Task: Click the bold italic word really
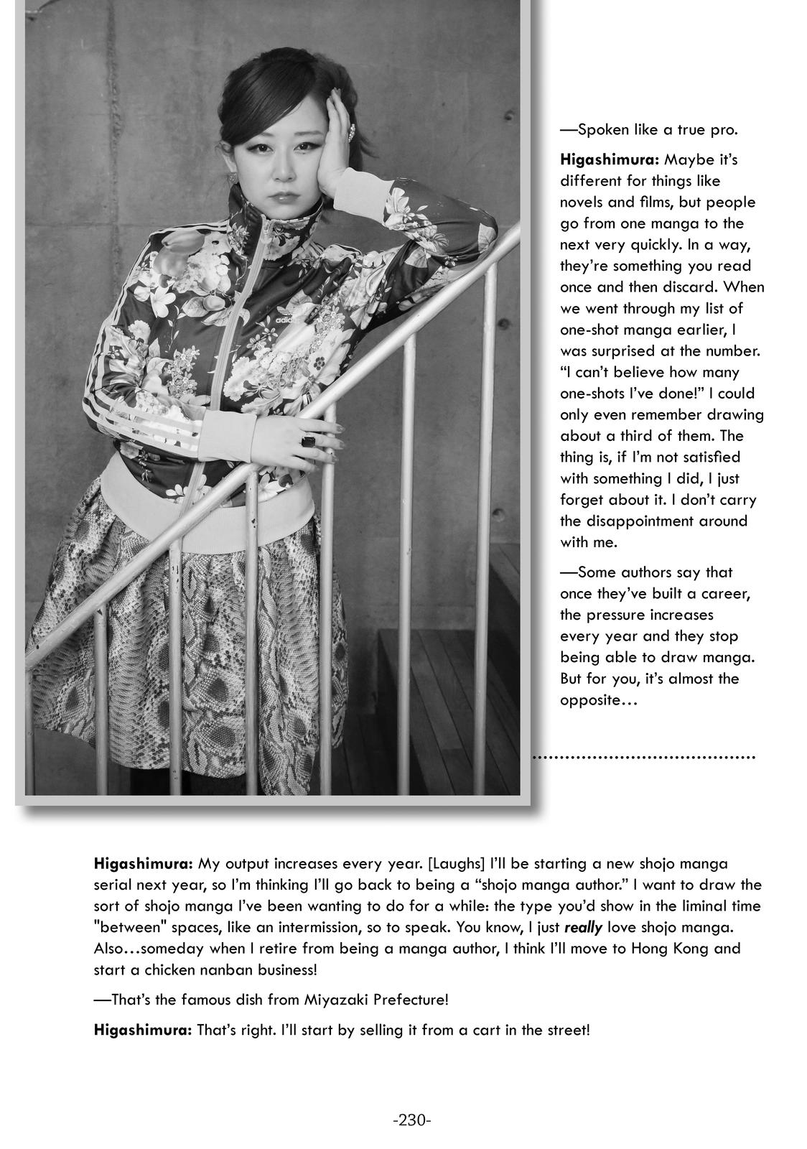coord(583,927)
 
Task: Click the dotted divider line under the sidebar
coord(644,757)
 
